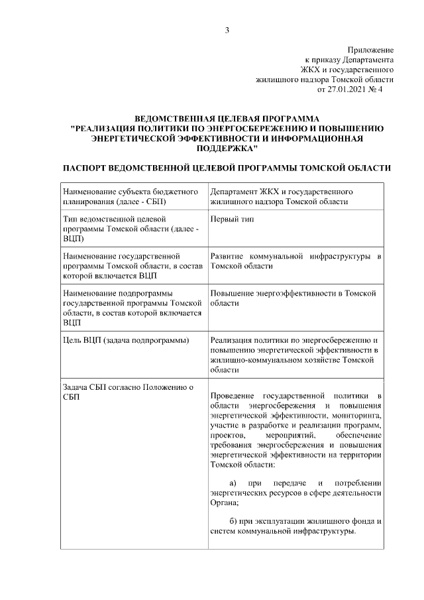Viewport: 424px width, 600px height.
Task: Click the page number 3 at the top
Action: tap(227, 30)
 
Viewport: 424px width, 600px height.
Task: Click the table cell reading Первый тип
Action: tap(231, 218)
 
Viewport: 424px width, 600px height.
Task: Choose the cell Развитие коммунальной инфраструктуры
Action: tap(295, 261)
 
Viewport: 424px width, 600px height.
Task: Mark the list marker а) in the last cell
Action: tap(233, 483)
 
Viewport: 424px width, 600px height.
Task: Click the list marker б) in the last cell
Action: tap(233, 521)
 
